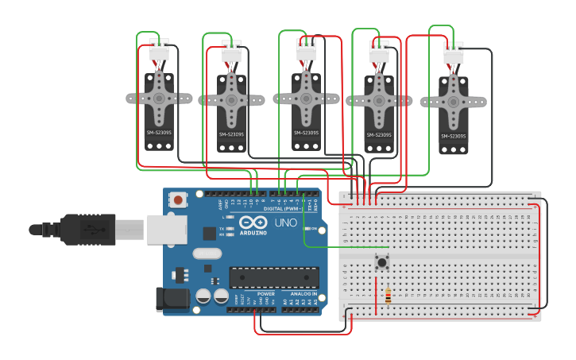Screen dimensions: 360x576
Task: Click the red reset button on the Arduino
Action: coord(178,199)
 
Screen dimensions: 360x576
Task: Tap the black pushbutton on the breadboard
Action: coord(382,261)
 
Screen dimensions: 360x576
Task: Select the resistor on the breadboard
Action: coord(388,296)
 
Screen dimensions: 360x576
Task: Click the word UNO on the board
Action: coord(285,223)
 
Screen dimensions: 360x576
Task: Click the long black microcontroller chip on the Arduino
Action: coord(273,277)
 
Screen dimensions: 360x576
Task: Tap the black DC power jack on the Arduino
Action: coord(172,299)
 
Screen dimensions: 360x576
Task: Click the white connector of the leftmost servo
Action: coord(159,52)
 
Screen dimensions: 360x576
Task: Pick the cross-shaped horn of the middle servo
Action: coord(307,99)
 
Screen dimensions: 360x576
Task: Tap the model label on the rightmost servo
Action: coord(453,136)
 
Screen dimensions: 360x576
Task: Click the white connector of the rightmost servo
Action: coord(454,54)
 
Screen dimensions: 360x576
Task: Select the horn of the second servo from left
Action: coord(231,100)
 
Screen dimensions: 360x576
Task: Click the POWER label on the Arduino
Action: coord(266,293)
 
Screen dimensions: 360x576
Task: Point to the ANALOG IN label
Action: coord(303,293)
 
